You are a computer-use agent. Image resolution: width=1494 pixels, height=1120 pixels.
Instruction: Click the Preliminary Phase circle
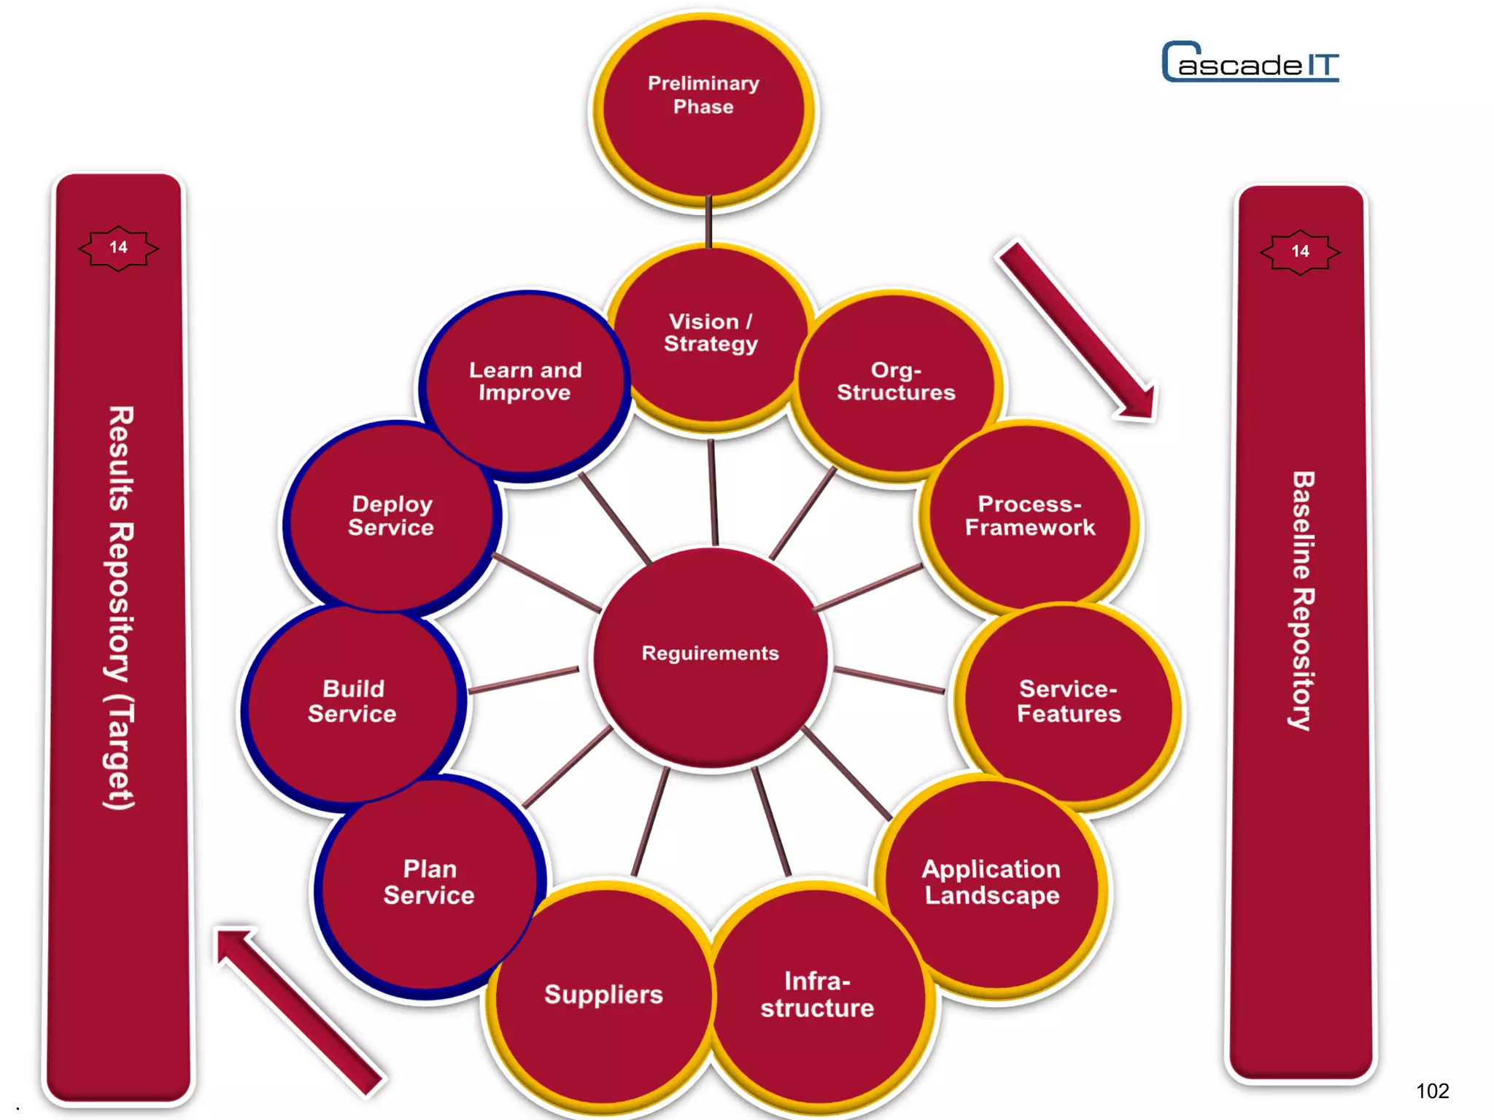[x=704, y=109]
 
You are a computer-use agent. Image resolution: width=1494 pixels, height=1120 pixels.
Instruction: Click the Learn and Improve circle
[x=525, y=383]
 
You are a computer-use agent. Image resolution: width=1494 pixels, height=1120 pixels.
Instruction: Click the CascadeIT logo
[x=1250, y=63]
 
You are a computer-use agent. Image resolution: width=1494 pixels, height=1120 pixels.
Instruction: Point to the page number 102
[x=1432, y=1091]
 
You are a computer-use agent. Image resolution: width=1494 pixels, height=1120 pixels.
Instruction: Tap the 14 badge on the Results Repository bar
[x=118, y=248]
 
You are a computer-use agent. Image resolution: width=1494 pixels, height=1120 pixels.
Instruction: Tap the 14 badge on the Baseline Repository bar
[x=1300, y=252]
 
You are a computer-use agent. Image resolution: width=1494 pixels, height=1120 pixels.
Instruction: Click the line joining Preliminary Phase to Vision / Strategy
[x=708, y=222]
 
